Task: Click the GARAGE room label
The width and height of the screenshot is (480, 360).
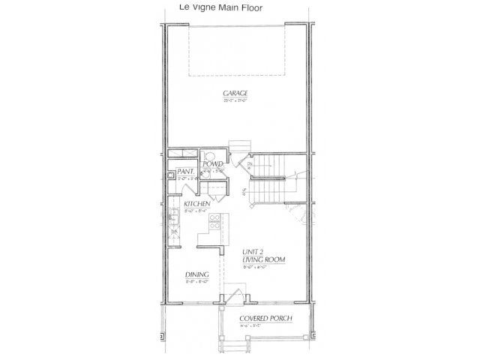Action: click(235, 94)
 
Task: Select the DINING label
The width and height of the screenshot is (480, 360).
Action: click(196, 274)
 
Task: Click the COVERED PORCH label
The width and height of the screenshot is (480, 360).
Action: click(265, 318)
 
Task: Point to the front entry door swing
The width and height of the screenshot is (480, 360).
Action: click(235, 295)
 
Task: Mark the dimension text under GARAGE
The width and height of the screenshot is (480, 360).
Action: click(235, 100)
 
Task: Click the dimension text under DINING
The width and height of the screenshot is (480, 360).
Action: click(196, 282)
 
